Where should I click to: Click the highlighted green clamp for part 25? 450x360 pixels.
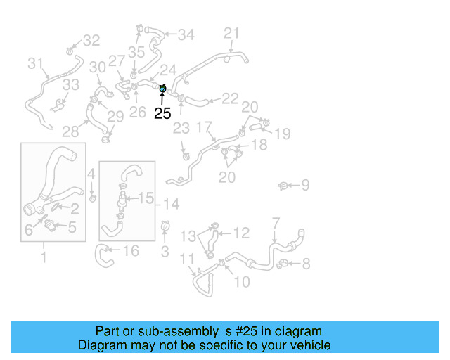162,89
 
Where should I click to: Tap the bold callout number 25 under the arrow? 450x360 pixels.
162,113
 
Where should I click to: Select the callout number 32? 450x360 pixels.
91,41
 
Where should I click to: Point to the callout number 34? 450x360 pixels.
186,34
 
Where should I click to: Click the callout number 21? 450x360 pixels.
231,33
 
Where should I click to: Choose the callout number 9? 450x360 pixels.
305,186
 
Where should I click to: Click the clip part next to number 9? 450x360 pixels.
283,186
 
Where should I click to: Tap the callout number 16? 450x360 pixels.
131,251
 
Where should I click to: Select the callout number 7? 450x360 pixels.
276,224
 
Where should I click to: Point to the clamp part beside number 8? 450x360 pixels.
283,264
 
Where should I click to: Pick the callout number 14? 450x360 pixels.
172,204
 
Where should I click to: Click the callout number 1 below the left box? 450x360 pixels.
44,258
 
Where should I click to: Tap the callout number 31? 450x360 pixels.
36,64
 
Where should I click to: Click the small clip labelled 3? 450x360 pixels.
165,227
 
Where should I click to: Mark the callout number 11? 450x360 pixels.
186,260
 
